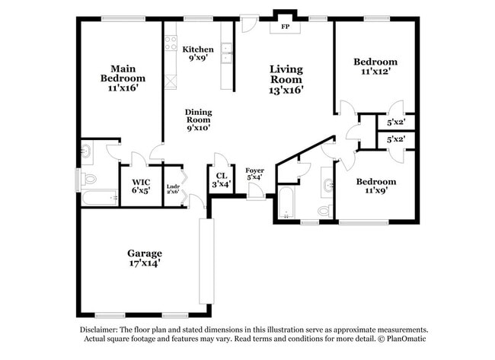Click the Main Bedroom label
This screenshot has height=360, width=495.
tap(123, 78)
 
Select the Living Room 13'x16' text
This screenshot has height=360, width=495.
tap(286, 79)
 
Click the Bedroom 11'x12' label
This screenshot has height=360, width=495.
tap(375, 67)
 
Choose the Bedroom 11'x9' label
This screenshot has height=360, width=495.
tap(376, 186)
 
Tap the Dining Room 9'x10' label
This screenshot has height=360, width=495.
tap(198, 119)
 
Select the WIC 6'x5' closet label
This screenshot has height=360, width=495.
tap(141, 186)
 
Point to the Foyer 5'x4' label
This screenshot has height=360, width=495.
tap(255, 174)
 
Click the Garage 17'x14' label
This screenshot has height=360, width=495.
tap(144, 257)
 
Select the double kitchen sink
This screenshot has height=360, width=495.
tap(226, 53)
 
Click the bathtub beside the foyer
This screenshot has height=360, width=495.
tap(286, 204)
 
